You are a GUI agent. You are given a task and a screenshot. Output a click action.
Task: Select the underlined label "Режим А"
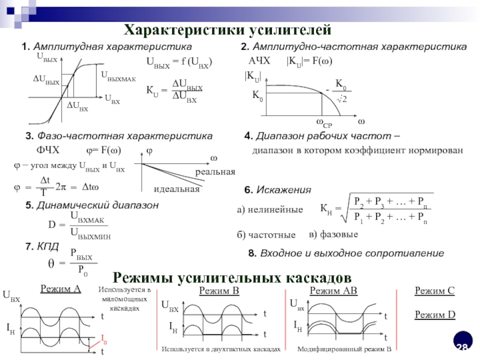tap(61, 289)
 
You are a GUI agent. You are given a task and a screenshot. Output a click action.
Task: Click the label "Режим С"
tap(435, 292)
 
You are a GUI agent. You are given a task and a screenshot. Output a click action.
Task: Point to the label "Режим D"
tap(435, 314)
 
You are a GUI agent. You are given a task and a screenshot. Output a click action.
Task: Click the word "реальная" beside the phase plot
tap(215, 172)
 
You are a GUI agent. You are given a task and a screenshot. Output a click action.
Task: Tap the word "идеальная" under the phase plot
tap(176, 190)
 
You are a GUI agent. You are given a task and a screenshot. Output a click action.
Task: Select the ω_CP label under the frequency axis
tap(323, 123)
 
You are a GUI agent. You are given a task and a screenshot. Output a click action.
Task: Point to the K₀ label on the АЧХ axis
tap(257, 95)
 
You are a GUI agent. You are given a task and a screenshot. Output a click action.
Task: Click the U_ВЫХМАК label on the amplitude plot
tap(118, 76)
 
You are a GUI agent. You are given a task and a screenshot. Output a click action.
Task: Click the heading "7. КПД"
tap(42, 247)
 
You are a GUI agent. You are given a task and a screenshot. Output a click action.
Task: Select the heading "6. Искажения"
tap(278, 190)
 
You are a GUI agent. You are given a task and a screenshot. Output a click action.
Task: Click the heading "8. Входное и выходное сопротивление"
tap(346, 254)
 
